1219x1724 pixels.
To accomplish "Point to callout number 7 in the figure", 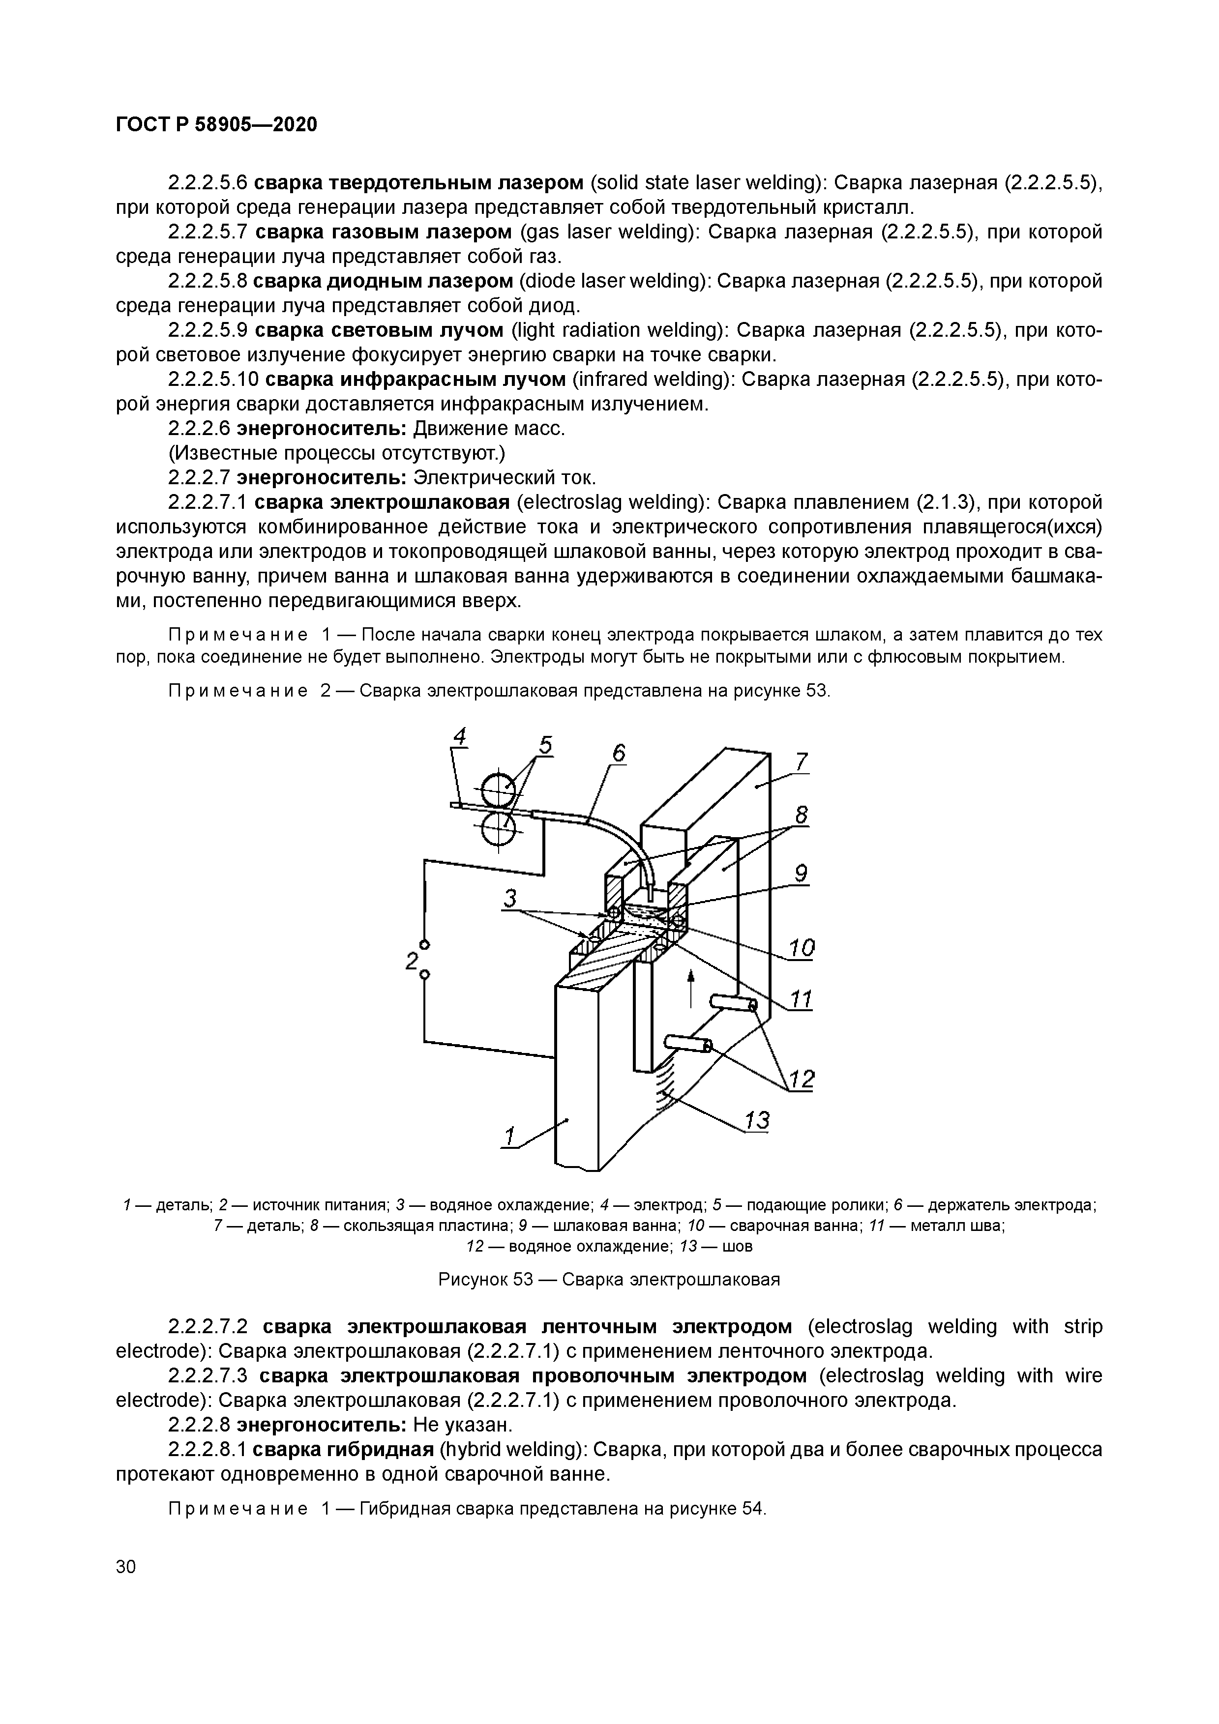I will [802, 761].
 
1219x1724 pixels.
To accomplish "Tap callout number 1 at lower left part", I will [510, 1137].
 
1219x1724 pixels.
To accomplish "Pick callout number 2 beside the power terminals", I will [411, 961].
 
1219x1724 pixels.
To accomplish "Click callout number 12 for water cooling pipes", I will [802, 1079].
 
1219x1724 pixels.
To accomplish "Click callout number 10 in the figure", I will [802, 948].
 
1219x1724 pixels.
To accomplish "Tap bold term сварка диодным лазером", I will [382, 281].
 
